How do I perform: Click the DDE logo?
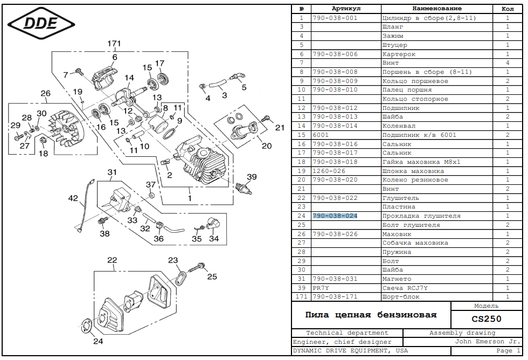click(x=41, y=23)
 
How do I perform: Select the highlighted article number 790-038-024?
click(x=335, y=216)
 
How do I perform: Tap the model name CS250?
click(x=487, y=319)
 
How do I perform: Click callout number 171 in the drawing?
click(x=114, y=44)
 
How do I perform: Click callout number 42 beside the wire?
click(x=73, y=198)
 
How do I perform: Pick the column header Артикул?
click(x=346, y=9)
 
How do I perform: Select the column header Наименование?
click(x=437, y=9)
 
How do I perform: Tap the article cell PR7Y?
click(x=321, y=288)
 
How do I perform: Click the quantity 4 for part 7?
click(x=508, y=63)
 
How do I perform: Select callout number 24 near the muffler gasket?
click(x=98, y=341)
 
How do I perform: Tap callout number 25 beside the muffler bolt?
click(x=212, y=276)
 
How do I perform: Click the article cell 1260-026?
click(x=329, y=171)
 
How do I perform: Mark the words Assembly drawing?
click(x=462, y=333)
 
